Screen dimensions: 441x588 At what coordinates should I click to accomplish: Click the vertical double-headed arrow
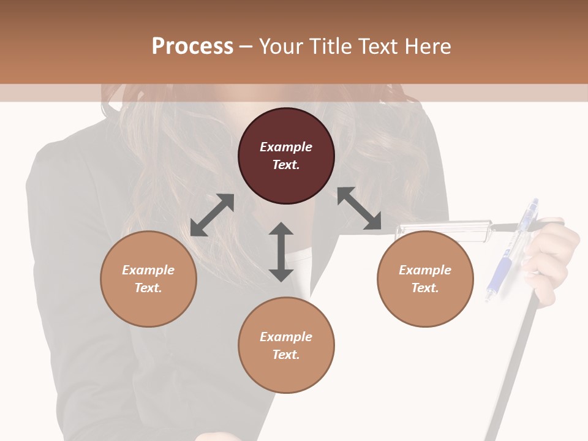pos(281,252)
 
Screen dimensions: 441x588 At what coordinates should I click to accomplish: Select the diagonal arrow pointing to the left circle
pos(212,215)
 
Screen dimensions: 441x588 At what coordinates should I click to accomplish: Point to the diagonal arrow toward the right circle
pos(359,209)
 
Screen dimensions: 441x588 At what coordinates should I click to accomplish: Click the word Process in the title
pos(192,46)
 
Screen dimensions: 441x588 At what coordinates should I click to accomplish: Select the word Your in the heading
pos(280,46)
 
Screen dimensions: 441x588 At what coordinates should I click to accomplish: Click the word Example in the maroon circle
pos(286,147)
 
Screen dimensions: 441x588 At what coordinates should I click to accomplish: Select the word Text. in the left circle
pos(148,288)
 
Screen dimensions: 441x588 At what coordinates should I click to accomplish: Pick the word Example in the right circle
pos(425,270)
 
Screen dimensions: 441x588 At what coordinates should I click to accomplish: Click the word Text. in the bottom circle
pos(286,355)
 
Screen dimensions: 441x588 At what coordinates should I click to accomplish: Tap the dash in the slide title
pos(246,47)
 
